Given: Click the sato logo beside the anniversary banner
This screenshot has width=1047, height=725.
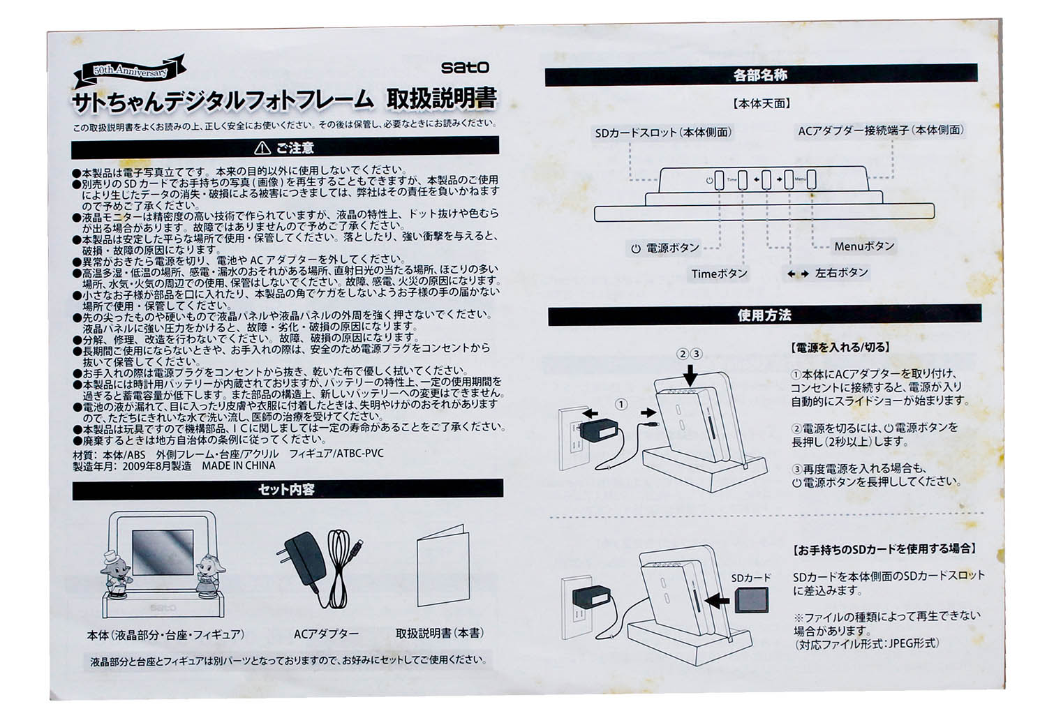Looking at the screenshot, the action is pyautogui.click(x=465, y=67).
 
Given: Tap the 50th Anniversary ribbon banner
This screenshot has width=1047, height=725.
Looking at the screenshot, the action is pyautogui.click(x=129, y=71).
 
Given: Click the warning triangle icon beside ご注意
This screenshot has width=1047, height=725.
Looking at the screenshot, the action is pyautogui.click(x=262, y=148).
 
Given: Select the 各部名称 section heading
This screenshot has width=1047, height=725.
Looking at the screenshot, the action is pyautogui.click(x=760, y=75).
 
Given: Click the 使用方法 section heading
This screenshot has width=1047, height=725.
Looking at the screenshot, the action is pyautogui.click(x=764, y=315).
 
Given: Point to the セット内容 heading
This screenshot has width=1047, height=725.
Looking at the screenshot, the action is pyautogui.click(x=286, y=489).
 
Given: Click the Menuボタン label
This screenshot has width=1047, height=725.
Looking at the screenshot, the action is pyautogui.click(x=864, y=246).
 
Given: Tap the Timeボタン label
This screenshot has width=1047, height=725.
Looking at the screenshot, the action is pyautogui.click(x=720, y=274).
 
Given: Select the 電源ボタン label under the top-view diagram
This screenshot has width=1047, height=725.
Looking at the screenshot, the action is pyautogui.click(x=665, y=248).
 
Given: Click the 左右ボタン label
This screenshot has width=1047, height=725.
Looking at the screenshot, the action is pyautogui.click(x=827, y=273).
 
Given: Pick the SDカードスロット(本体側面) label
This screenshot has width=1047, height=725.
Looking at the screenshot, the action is pyautogui.click(x=663, y=133).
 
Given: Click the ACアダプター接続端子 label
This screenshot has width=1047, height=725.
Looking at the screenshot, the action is pyautogui.click(x=881, y=130).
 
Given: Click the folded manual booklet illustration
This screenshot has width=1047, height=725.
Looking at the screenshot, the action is pyautogui.click(x=443, y=566).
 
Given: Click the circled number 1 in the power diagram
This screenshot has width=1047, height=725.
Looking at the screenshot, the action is pyautogui.click(x=621, y=405).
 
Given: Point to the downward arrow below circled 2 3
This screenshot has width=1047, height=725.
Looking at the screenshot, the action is pyautogui.click(x=690, y=375).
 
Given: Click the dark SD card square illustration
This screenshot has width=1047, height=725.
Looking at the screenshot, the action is pyautogui.click(x=752, y=600).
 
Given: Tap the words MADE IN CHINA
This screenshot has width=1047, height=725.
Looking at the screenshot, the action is pyautogui.click(x=239, y=465).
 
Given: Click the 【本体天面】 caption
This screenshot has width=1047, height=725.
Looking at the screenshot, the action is pyautogui.click(x=762, y=103).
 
